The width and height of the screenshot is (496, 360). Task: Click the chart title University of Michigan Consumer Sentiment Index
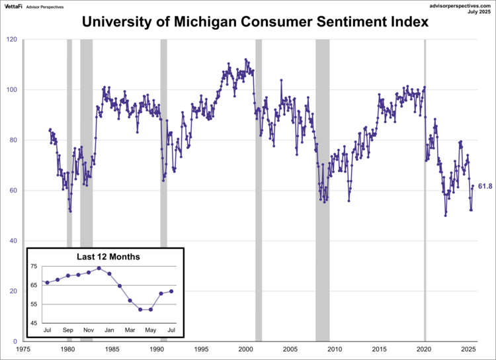255,22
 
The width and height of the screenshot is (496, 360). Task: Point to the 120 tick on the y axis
13,40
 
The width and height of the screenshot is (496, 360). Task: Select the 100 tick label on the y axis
13,90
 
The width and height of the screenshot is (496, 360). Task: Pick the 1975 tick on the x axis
23,349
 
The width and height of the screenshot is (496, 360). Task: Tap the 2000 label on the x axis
246,349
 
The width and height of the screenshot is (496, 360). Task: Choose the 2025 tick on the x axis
468,349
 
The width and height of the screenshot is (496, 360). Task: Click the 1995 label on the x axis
201,349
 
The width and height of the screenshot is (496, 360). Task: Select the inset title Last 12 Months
104,257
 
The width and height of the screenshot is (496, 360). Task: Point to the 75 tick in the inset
34,267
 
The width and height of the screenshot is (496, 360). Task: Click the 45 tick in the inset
34,323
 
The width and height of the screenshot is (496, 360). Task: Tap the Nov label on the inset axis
88,330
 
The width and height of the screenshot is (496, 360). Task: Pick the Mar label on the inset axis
130,330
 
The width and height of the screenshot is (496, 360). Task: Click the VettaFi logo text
15,6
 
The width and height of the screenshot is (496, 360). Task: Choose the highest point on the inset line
99,268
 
